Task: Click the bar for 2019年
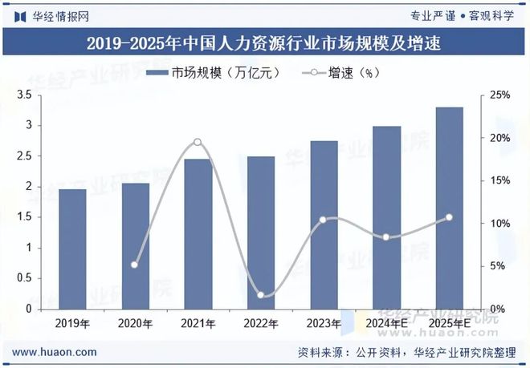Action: coord(72,249)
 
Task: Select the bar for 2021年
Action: coord(198,233)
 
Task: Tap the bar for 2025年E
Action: coord(449,208)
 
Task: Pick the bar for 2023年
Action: coord(324,224)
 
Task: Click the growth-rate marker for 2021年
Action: coord(198,143)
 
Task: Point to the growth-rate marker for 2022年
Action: coord(260,295)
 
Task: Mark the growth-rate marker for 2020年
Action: coord(135,265)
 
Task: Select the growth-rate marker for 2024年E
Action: coord(386,237)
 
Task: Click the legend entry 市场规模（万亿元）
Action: coord(213,73)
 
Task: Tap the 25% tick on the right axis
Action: coord(500,95)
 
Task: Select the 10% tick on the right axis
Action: coord(500,224)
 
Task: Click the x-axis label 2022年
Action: coord(260,324)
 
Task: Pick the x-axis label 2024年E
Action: coord(386,324)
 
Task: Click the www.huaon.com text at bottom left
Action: coord(56,352)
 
